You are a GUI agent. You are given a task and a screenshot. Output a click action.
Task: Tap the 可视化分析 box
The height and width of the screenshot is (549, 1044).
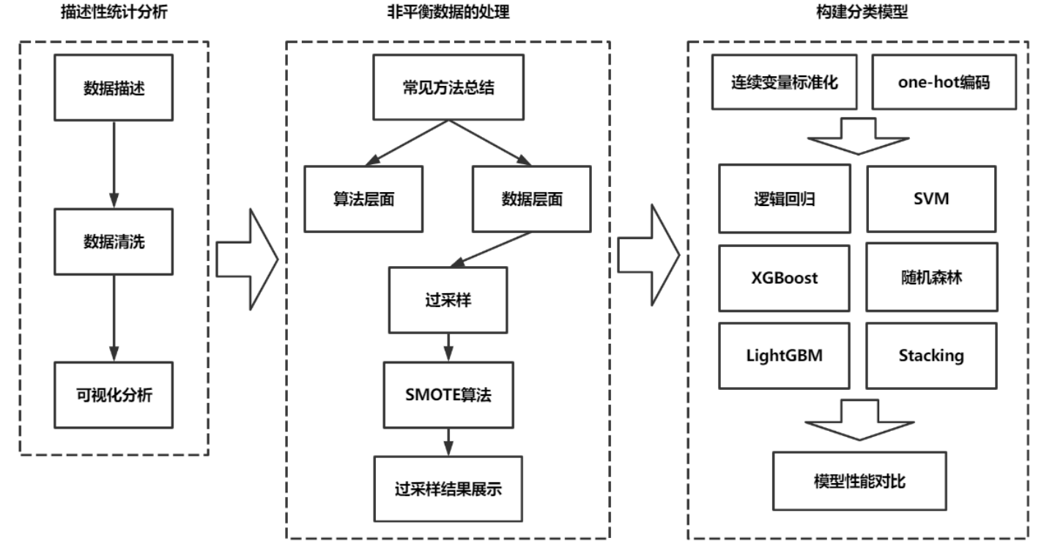tap(114, 394)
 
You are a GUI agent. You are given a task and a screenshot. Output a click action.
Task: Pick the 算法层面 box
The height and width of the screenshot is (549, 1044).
tap(363, 199)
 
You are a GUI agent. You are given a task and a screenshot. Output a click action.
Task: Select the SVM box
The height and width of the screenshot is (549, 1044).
tap(932, 198)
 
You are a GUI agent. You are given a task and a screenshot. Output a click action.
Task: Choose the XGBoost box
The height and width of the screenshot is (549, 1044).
tap(784, 278)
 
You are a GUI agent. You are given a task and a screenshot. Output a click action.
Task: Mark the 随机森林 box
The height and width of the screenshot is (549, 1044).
tap(932, 278)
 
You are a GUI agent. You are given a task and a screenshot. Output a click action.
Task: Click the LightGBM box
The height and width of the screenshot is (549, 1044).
tap(784, 355)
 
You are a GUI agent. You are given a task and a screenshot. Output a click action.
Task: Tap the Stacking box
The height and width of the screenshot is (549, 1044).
tap(932, 355)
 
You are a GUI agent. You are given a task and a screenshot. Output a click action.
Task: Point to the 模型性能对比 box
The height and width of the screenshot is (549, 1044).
tap(858, 481)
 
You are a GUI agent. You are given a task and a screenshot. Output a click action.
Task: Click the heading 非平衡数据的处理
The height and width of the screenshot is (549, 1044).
tap(448, 12)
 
